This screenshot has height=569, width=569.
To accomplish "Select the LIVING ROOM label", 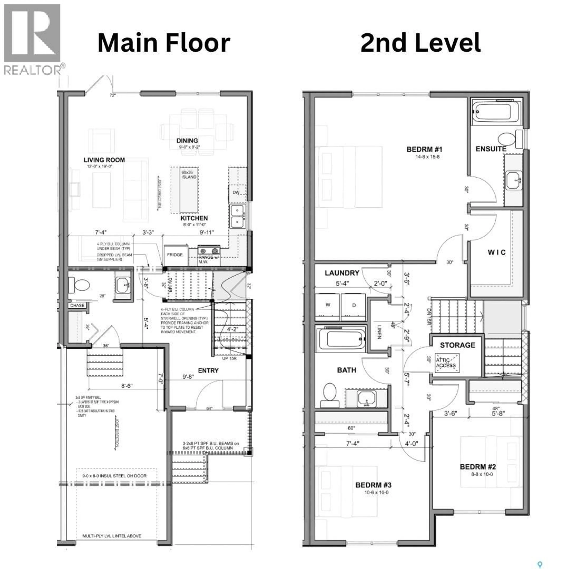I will point(104,160).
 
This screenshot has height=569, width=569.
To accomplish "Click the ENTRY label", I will point(208,370).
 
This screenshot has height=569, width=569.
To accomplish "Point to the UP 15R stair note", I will point(229,358).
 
